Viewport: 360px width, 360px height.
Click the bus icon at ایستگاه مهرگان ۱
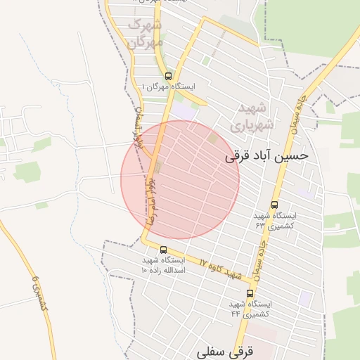click(x=167, y=76)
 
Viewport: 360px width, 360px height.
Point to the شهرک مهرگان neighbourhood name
click(x=145, y=34)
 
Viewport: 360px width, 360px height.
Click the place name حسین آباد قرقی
click(x=266, y=157)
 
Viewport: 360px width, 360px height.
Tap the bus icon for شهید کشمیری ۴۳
click(x=274, y=205)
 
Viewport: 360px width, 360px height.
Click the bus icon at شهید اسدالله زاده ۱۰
click(x=164, y=250)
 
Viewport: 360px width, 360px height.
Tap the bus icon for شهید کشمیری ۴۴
click(x=250, y=293)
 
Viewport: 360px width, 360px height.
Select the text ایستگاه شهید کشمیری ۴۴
click(x=250, y=309)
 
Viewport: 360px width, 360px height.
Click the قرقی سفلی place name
click(x=225, y=350)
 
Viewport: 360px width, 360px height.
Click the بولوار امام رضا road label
click(x=151, y=200)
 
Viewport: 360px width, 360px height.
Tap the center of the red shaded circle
click(x=180, y=180)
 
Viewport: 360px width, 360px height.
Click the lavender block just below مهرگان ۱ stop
click(x=184, y=110)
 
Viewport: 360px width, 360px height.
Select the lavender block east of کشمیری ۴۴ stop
click(x=305, y=298)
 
